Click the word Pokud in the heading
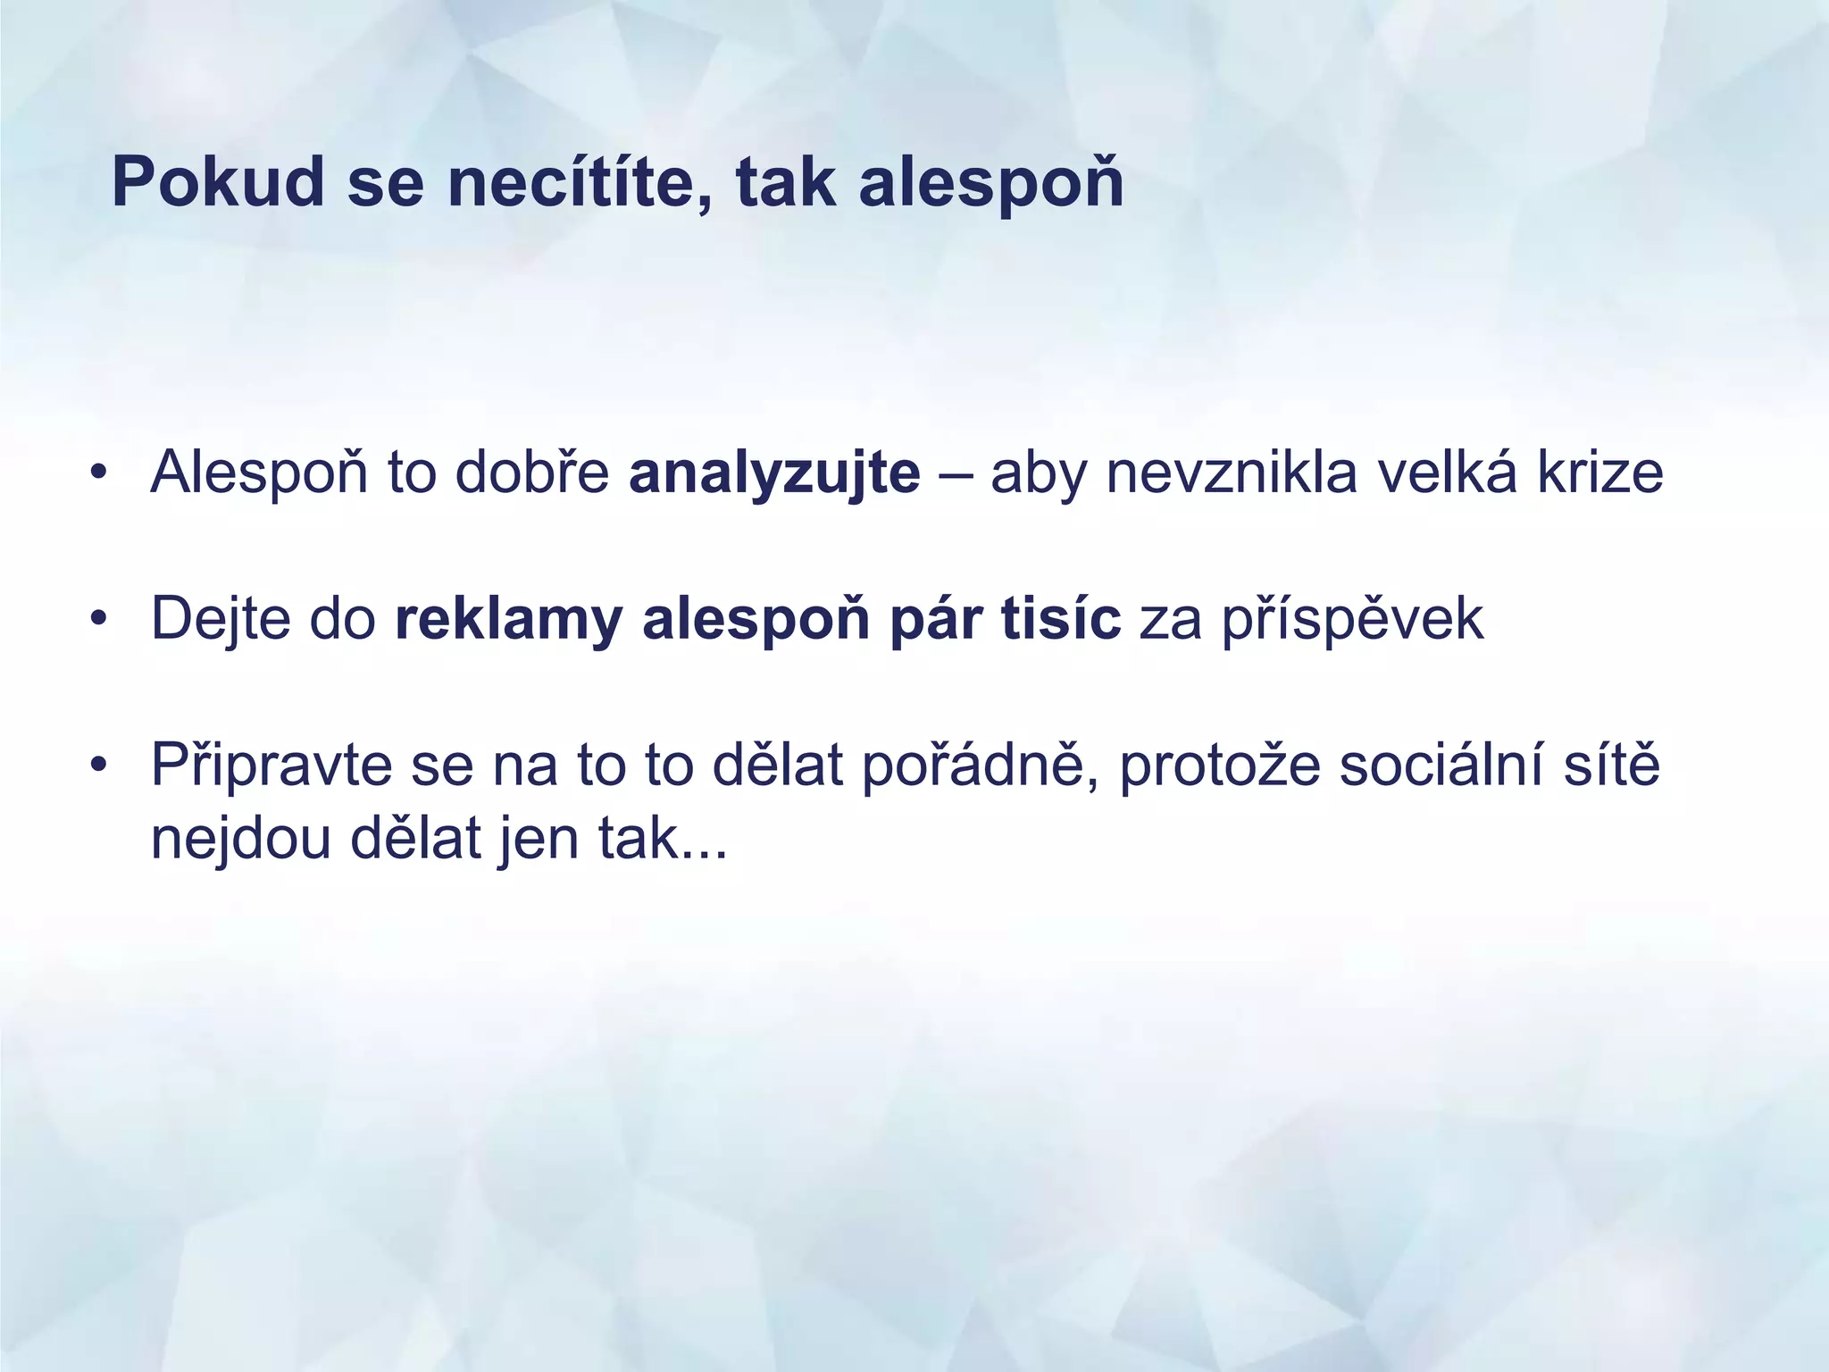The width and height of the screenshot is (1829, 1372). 218,183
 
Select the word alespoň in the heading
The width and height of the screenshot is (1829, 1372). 990,183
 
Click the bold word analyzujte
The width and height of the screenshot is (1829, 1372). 774,473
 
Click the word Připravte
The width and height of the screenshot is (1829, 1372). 271,765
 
